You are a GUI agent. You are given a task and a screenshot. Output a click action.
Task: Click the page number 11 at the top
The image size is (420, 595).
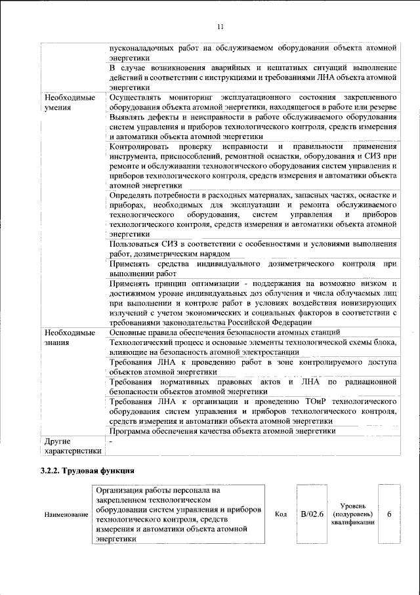pos(220,26)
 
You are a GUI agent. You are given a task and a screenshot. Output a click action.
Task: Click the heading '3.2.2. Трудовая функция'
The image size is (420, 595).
pos(85,471)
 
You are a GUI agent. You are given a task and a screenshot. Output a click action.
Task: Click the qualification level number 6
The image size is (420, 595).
pos(389,514)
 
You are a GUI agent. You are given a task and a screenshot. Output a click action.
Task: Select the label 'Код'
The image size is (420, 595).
pos(280,514)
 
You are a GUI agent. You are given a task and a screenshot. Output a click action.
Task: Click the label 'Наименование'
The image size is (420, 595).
pos(66,515)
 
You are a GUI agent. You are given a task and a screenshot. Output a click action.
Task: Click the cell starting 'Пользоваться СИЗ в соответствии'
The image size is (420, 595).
pos(253,249)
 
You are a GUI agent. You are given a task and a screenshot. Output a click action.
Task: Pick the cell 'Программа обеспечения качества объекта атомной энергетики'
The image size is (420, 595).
pos(222,431)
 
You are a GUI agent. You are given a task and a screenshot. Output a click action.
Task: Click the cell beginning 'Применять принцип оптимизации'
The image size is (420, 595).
pos(253,302)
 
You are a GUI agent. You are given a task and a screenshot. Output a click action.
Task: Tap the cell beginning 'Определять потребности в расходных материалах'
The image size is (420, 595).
pos(253,215)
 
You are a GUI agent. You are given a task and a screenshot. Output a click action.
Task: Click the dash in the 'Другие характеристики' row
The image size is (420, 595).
pos(112,441)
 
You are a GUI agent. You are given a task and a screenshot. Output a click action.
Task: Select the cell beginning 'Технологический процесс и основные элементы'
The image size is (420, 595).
pos(253,348)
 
